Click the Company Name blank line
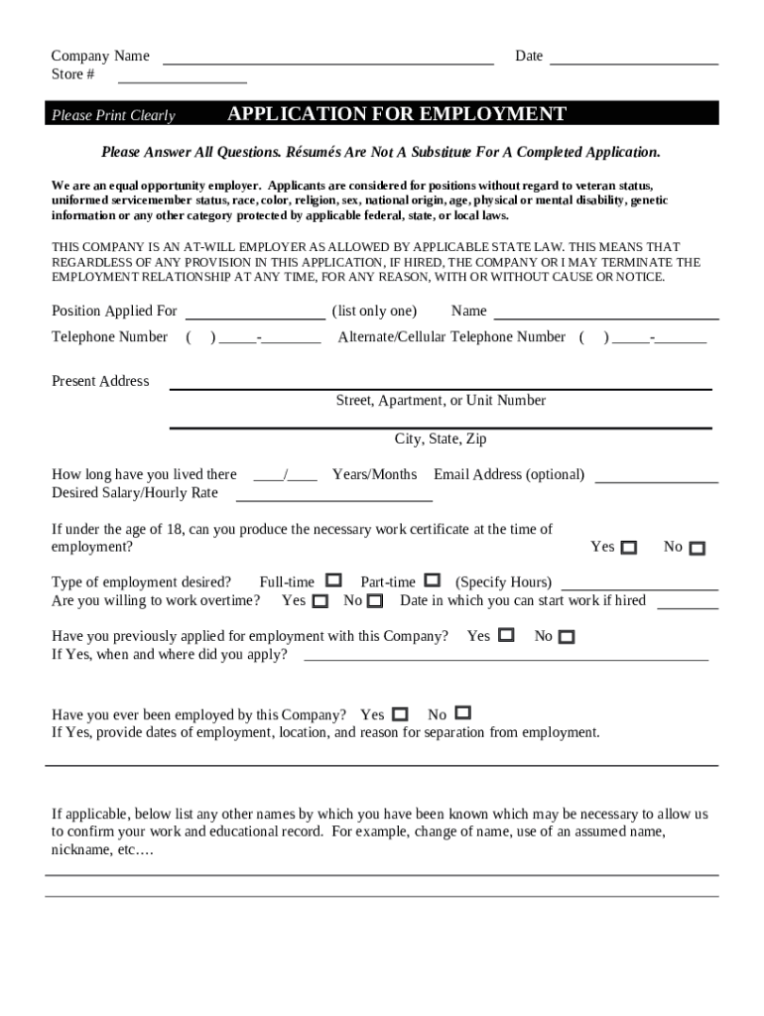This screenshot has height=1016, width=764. coord(327,60)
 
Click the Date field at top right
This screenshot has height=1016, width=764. coord(633,60)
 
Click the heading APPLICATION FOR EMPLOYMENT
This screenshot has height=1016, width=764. coord(397,114)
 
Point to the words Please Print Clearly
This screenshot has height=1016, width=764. coord(113,116)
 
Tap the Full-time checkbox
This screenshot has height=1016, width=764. coord(334,580)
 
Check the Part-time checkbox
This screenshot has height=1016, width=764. coord(433,580)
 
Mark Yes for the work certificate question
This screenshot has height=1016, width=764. coord(629,548)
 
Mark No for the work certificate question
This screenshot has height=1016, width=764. coord(698,549)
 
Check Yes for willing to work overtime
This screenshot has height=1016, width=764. coord(320,601)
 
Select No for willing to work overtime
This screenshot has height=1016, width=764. coord(375,601)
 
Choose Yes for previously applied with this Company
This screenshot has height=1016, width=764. coord(506,635)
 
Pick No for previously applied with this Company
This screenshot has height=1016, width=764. coord(567,637)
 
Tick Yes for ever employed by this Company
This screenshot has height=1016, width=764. coord(400,714)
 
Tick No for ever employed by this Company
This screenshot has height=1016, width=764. coord(463,713)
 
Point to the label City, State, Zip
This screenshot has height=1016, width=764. coord(441,439)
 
